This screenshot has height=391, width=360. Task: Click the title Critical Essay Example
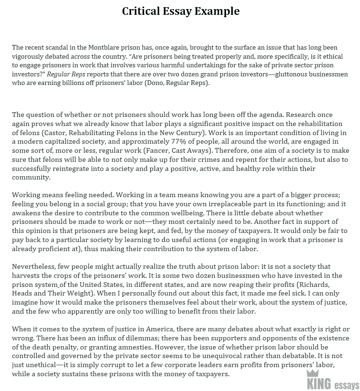(x=181, y=11)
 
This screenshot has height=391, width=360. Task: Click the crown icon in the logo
(x=312, y=373)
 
